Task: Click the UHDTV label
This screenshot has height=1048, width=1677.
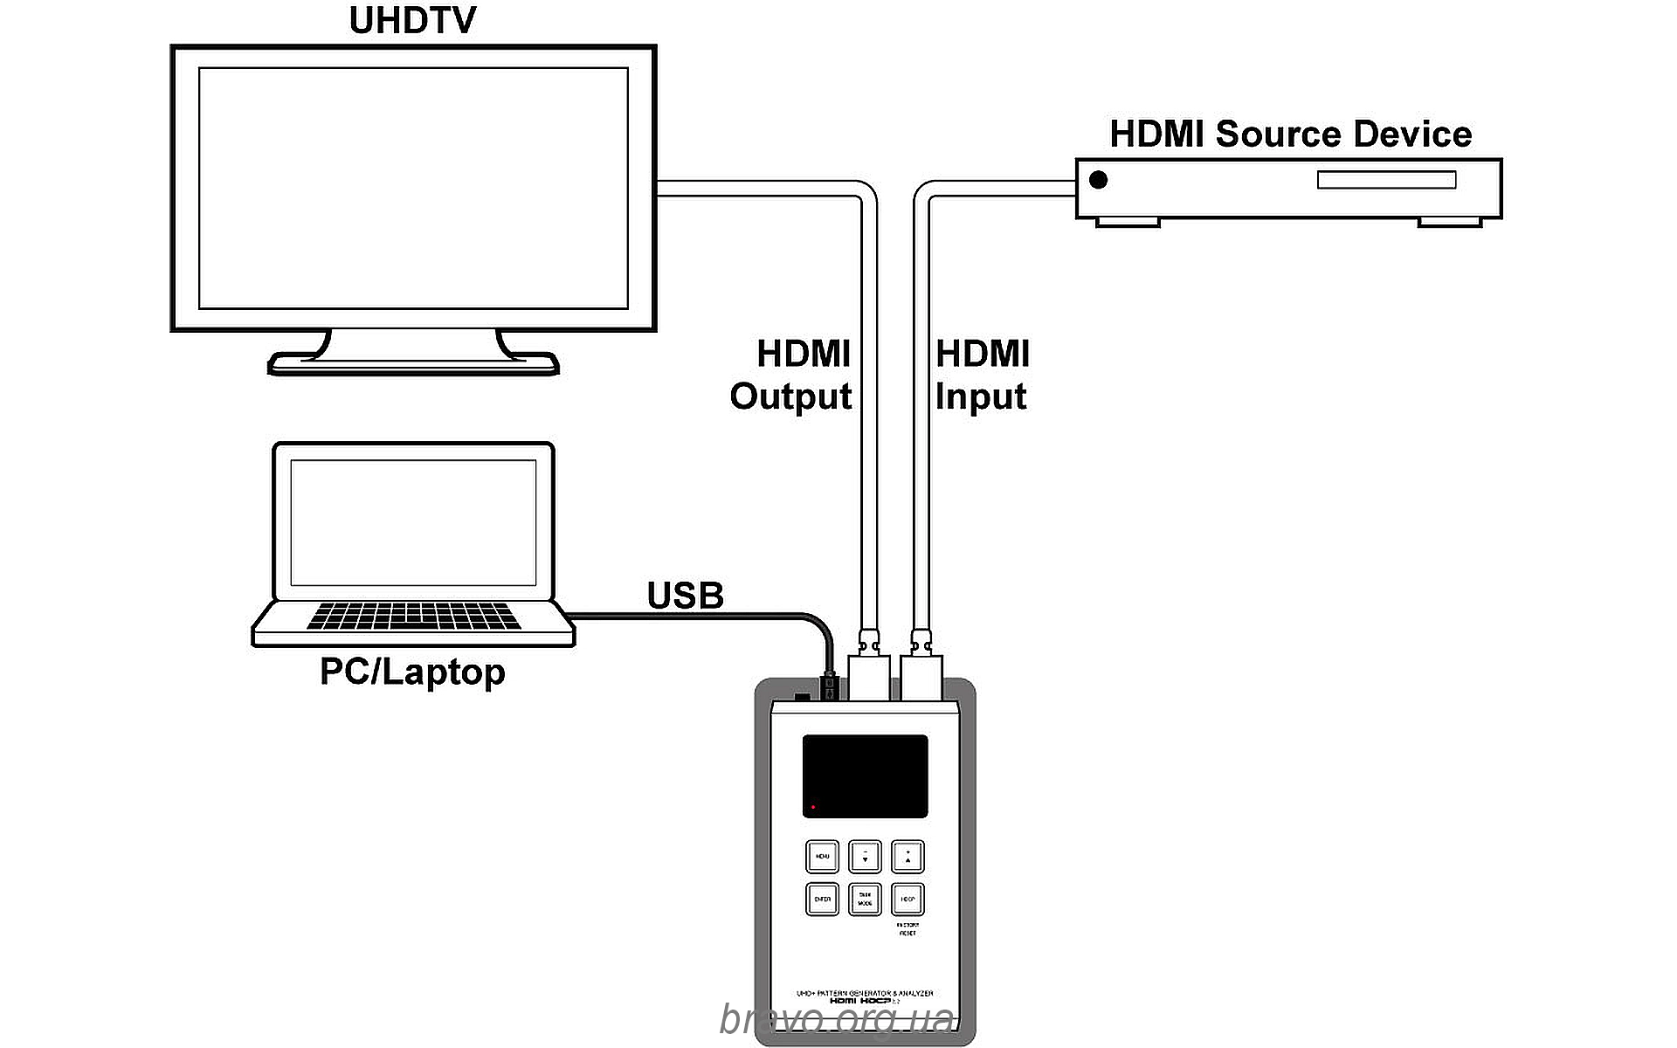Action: [412, 21]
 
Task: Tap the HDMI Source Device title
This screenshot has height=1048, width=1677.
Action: [1290, 134]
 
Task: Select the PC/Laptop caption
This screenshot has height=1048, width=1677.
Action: [412, 672]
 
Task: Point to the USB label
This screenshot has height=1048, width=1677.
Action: [685, 596]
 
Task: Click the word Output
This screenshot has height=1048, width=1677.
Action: [790, 396]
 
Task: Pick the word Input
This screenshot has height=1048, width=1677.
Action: [980, 396]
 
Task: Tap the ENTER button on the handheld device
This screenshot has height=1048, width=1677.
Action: [822, 899]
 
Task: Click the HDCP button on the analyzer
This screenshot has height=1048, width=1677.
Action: [908, 899]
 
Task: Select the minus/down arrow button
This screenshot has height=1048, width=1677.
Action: [865, 857]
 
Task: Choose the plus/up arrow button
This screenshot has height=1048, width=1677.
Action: [908, 857]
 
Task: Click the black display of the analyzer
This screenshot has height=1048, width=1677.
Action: [865, 776]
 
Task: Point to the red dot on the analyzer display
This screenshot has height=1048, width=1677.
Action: [813, 807]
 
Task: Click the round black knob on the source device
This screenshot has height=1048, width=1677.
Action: [1099, 179]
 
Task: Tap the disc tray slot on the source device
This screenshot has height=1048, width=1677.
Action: [1386, 180]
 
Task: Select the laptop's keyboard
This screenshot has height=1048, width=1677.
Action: [413, 615]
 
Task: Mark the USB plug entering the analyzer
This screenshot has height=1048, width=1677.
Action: [830, 686]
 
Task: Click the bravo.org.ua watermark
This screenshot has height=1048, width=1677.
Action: [837, 1018]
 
